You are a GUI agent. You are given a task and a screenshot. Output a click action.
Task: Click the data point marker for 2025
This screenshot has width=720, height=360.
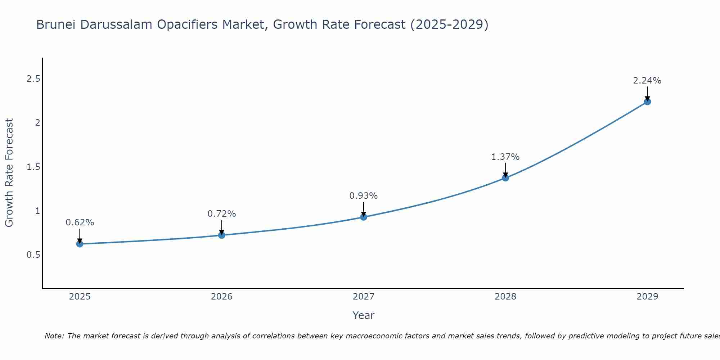tap(80, 244)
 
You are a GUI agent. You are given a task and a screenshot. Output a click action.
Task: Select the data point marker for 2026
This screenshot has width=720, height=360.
tap(221, 235)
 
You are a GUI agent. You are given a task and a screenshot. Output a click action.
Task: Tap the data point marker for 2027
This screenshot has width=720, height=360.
tap(363, 217)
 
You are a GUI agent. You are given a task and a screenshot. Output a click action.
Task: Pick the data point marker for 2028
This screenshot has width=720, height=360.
tap(505, 178)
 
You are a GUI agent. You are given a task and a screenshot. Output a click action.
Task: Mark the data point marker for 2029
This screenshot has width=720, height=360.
tap(647, 102)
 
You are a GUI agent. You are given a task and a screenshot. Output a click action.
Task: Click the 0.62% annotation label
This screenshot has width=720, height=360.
tap(80, 222)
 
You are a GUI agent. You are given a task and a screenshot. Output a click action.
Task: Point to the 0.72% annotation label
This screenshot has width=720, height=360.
tap(221, 214)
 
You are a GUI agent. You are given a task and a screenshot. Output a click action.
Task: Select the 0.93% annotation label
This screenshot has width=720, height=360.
tap(363, 196)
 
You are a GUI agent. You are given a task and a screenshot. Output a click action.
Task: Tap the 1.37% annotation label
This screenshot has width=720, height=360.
tap(505, 157)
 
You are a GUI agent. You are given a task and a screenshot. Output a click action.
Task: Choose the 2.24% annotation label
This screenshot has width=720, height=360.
tap(647, 81)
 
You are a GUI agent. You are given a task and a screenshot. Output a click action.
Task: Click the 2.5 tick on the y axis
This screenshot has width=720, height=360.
tap(33, 79)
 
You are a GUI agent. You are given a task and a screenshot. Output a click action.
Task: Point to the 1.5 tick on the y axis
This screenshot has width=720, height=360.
tap(33, 167)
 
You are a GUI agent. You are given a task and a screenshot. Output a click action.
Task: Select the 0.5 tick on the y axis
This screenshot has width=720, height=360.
tap(33, 255)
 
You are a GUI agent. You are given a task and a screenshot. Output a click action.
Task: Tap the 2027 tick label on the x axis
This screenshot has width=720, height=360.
tap(363, 297)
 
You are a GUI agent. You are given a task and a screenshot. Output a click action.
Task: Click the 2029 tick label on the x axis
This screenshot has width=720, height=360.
tap(647, 297)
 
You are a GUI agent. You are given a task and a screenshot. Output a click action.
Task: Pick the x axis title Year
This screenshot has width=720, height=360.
tap(363, 315)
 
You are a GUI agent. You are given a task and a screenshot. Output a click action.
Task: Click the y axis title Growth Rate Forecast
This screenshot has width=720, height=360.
tap(9, 173)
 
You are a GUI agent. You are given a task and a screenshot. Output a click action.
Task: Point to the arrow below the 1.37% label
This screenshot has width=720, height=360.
tap(505, 170)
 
